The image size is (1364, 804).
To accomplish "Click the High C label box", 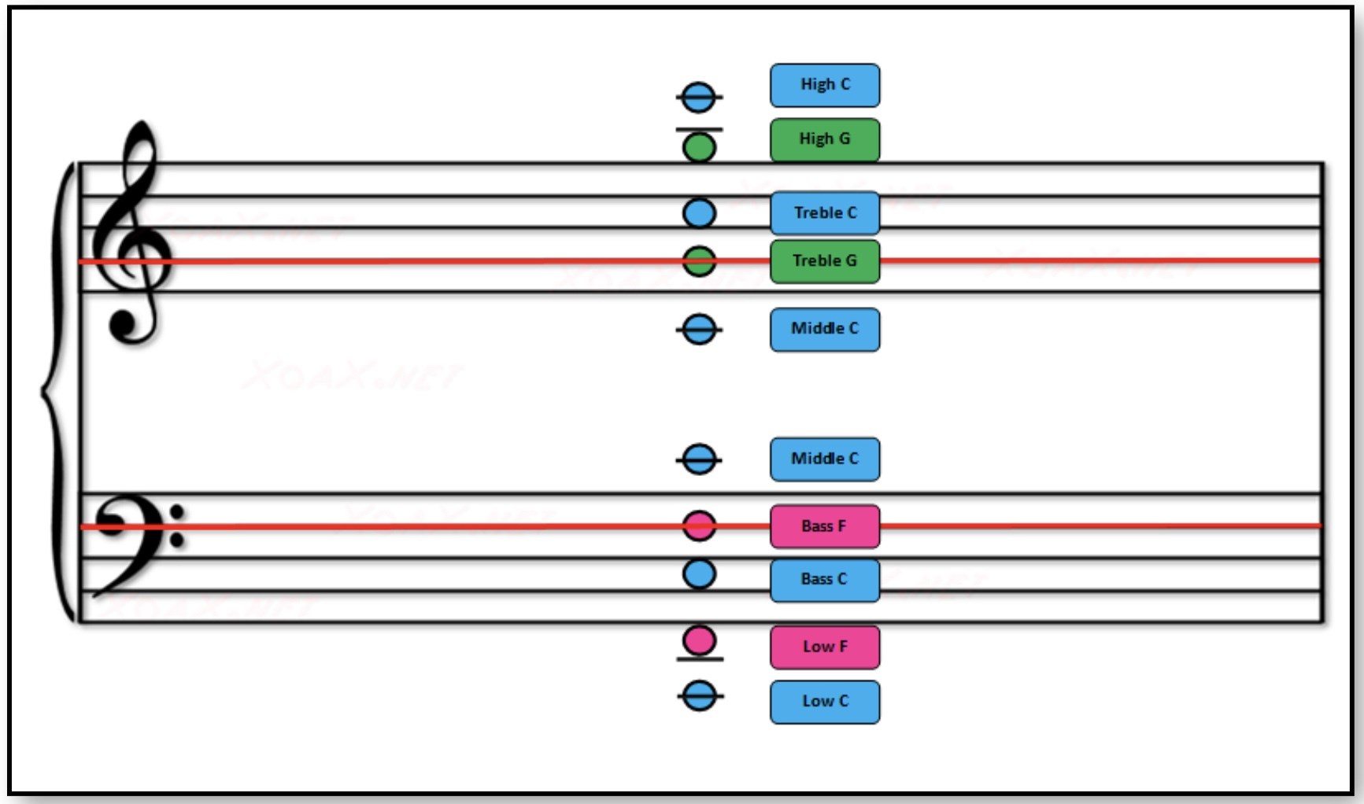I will [x=824, y=85].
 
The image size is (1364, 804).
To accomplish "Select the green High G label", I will [x=824, y=139].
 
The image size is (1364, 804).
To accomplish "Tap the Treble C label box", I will [x=824, y=212].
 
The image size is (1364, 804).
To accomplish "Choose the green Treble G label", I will [x=824, y=261].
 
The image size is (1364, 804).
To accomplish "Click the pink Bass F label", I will [x=824, y=526].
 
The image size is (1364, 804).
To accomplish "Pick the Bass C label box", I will [x=824, y=580].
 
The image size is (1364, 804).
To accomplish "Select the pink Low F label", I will [x=824, y=647].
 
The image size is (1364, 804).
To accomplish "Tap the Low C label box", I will [x=824, y=701].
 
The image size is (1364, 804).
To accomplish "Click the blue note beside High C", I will [x=699, y=98].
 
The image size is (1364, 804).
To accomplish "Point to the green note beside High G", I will [x=699, y=147].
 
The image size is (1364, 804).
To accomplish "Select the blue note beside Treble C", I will [x=699, y=213].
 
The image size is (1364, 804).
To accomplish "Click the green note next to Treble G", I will [x=699, y=261].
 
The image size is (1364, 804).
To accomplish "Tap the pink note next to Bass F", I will [x=699, y=526].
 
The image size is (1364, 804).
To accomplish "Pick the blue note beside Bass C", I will [x=699, y=574].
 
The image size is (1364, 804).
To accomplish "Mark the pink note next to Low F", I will [x=699, y=640].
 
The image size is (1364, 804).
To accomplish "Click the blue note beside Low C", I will [x=699, y=696].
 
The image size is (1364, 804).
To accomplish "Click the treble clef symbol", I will [x=132, y=236].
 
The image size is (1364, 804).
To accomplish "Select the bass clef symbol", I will [x=134, y=539].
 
